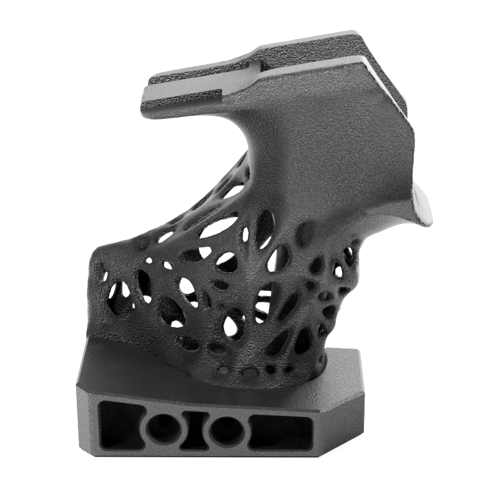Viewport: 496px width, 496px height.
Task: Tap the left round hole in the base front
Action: [x=160, y=428]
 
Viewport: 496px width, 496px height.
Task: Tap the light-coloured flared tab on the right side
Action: [x=423, y=206]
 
